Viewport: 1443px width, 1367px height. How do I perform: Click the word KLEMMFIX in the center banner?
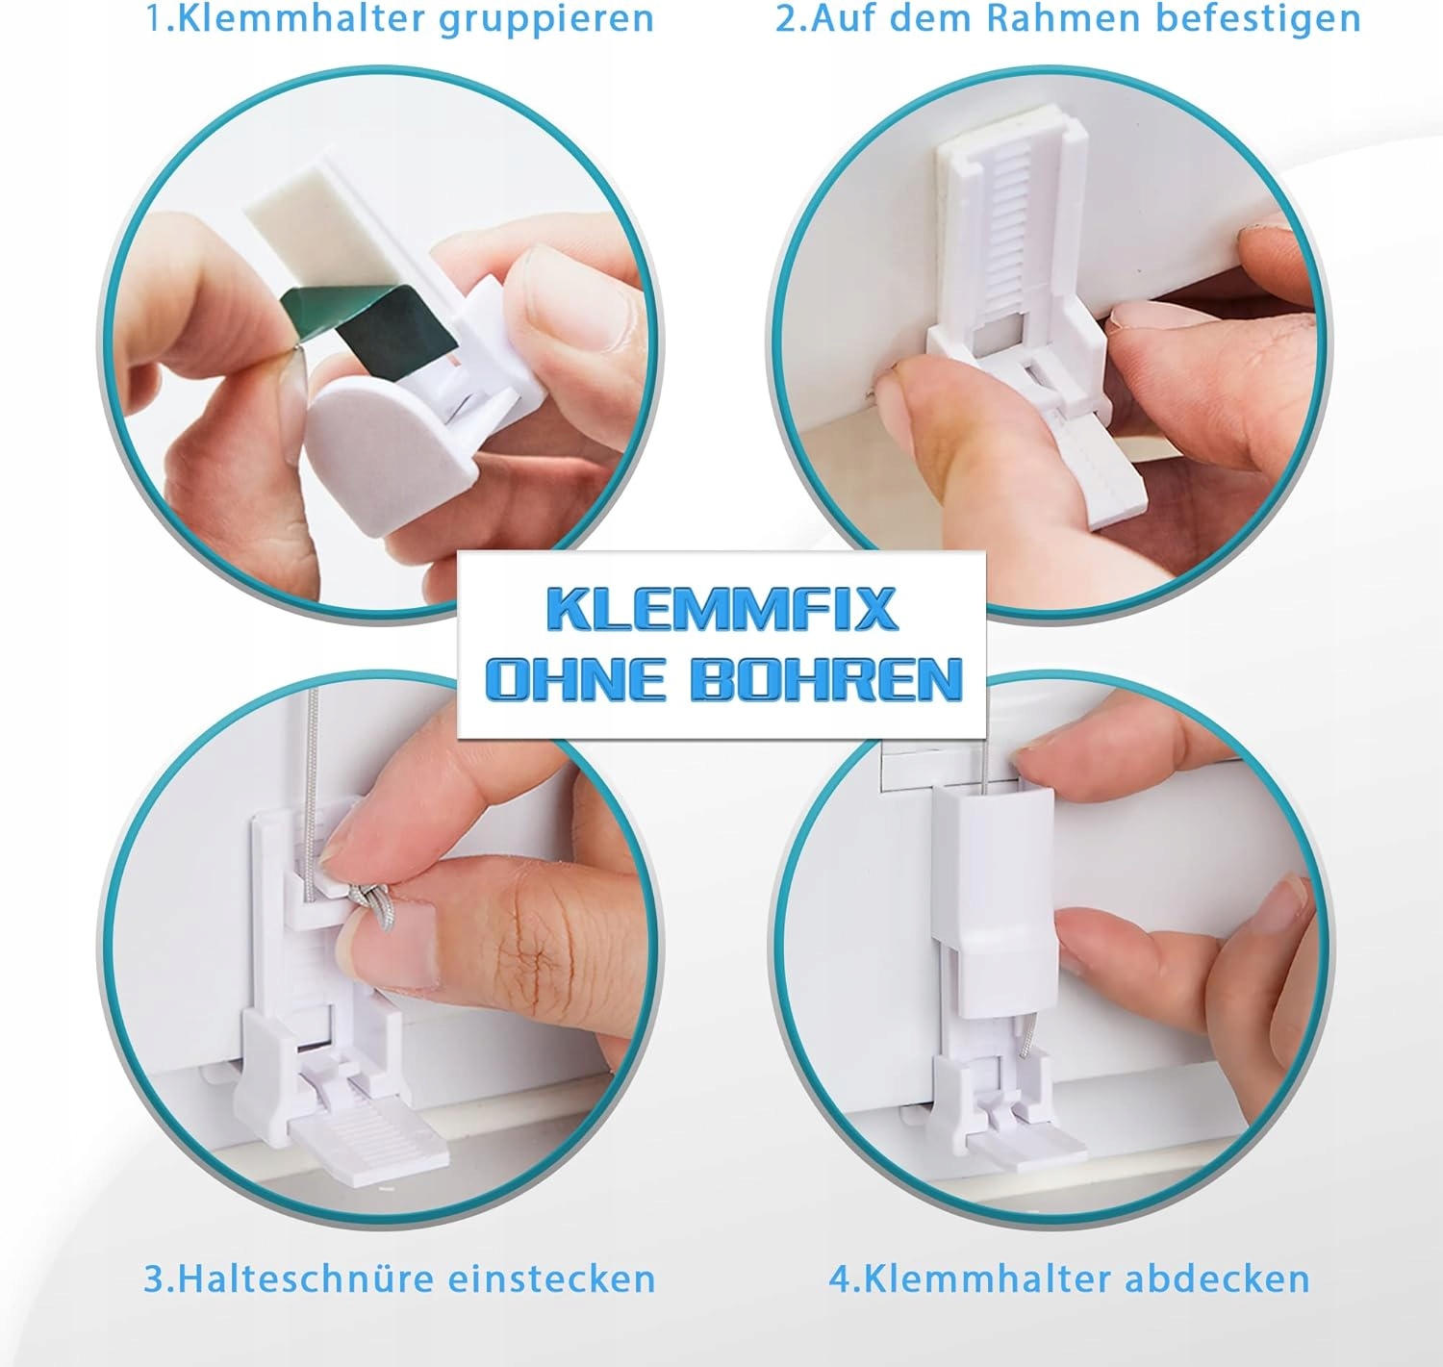(x=722, y=608)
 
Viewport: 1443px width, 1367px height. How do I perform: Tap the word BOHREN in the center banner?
(x=825, y=679)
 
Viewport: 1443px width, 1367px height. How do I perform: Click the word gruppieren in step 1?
(x=546, y=20)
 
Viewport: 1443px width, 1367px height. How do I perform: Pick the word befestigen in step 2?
(x=1258, y=19)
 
